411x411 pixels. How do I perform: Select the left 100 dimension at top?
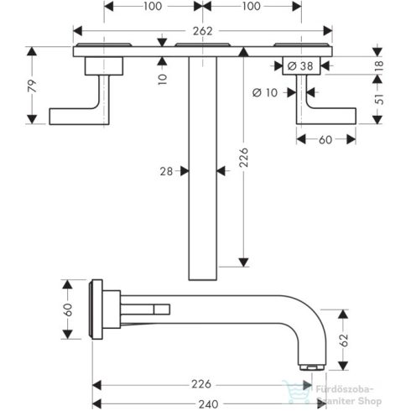(153, 6)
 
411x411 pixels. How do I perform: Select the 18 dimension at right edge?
(378, 64)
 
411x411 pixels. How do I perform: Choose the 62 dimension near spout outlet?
(343, 341)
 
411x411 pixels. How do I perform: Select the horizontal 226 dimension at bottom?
(199, 384)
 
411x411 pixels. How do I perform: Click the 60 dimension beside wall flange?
(67, 309)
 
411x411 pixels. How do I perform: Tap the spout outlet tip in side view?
(310, 365)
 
